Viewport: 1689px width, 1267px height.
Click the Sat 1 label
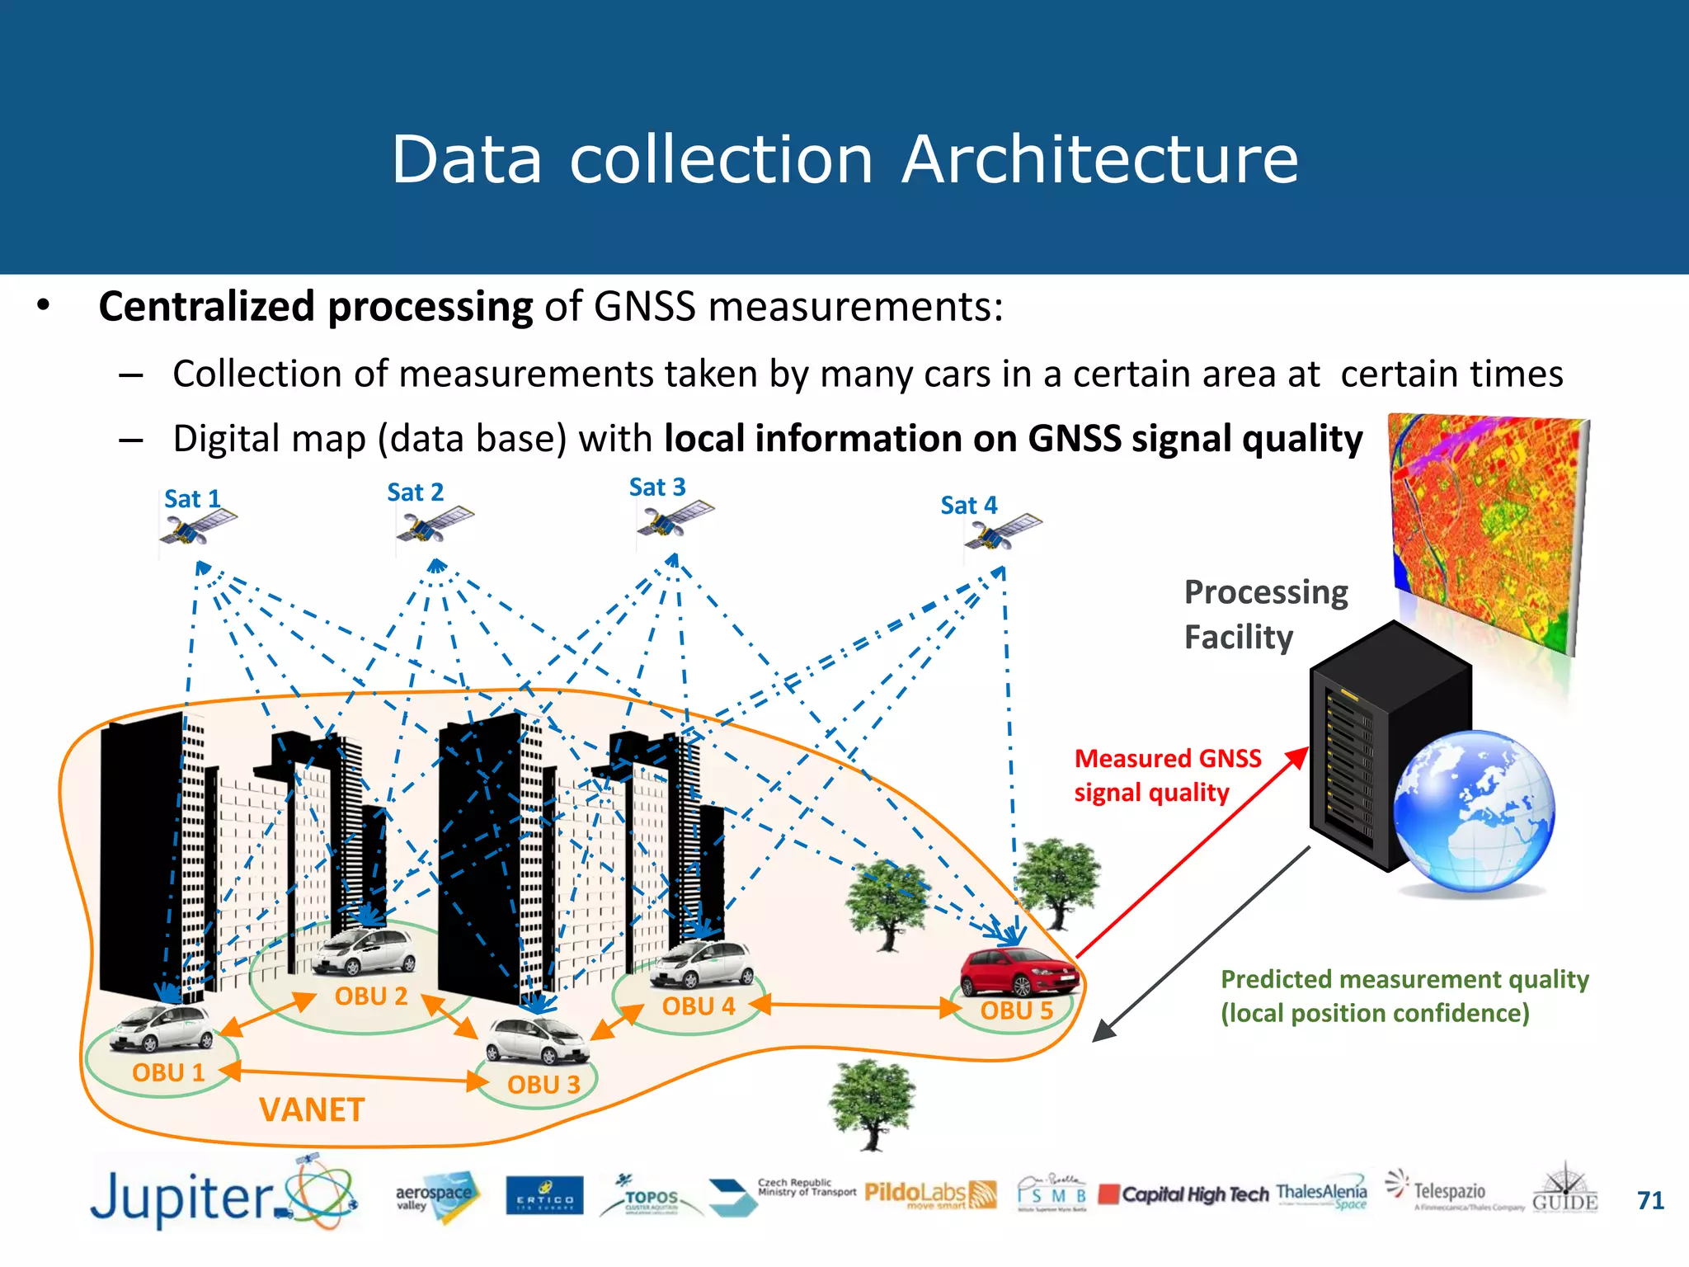click(191, 499)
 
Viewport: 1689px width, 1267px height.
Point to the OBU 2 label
click(371, 996)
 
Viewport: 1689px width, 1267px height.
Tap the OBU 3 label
click(543, 1085)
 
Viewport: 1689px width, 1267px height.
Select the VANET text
click(312, 1110)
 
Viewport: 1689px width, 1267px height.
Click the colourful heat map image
click(1489, 528)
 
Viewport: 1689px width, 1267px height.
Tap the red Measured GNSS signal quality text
click(1166, 775)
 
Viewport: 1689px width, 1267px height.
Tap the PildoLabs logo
click(929, 1194)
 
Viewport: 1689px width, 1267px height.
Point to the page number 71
click(1650, 1200)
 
